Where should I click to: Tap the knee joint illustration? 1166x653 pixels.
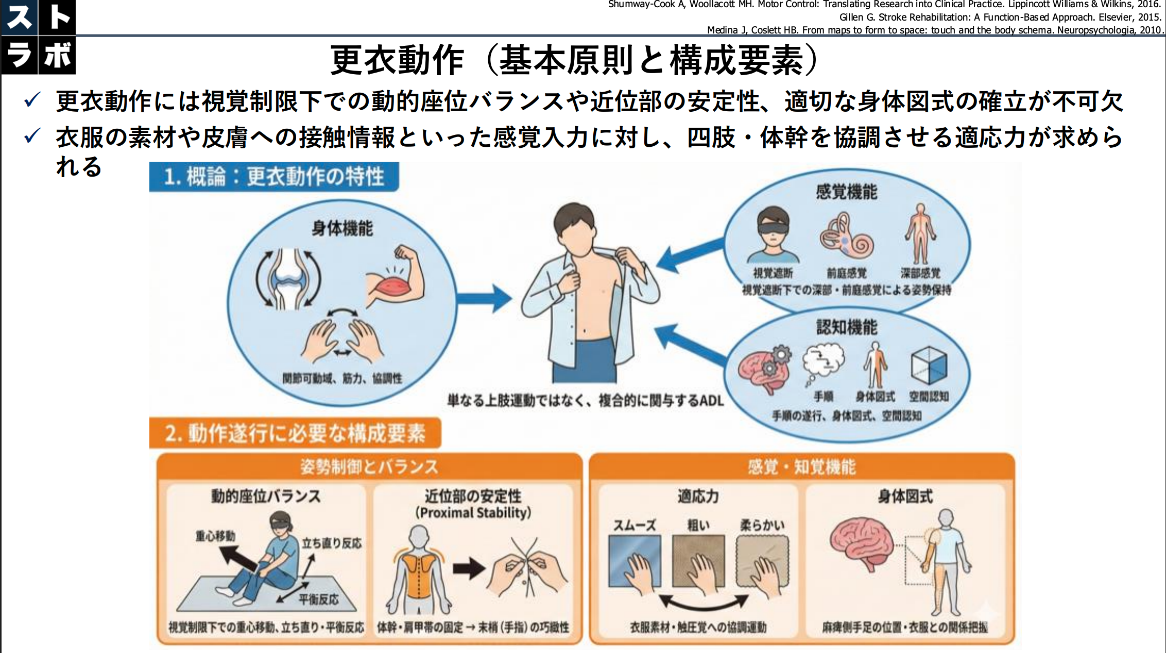pos(288,279)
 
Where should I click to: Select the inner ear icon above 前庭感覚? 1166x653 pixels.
pos(846,237)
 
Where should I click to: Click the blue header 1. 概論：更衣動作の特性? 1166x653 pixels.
pos(274,177)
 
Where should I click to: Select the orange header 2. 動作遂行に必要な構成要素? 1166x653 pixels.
pos(295,433)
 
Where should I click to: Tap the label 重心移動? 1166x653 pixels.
pos(215,536)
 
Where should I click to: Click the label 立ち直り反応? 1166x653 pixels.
pos(331,543)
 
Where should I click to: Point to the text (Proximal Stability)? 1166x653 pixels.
pos(473,512)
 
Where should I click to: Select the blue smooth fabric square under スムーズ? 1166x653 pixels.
pos(634,561)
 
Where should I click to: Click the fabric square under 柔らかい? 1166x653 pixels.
pos(762,561)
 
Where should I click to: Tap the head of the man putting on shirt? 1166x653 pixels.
pos(575,227)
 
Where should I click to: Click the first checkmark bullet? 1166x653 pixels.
pos(32,100)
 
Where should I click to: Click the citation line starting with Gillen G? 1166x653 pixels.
pos(999,17)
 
